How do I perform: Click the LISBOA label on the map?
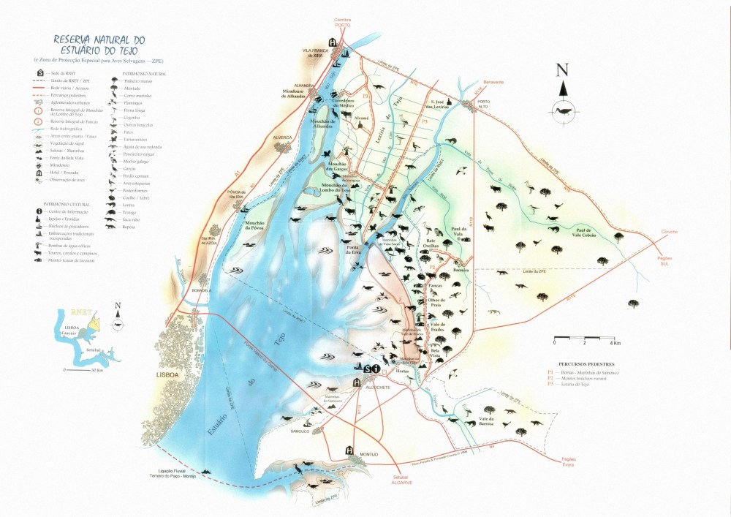tap(167, 374)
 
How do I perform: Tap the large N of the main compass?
tap(562, 71)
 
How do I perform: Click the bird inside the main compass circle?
tap(562, 111)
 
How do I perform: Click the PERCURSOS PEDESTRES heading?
tap(585, 363)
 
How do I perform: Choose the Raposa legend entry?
tap(132, 227)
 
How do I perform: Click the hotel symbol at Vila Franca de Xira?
tap(333, 43)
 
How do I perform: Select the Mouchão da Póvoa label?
tap(254, 224)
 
